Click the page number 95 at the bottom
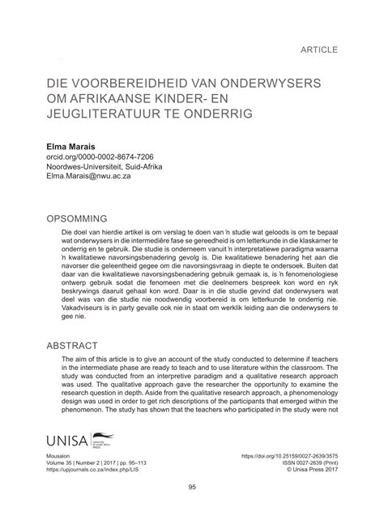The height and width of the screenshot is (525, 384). coord(192,510)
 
